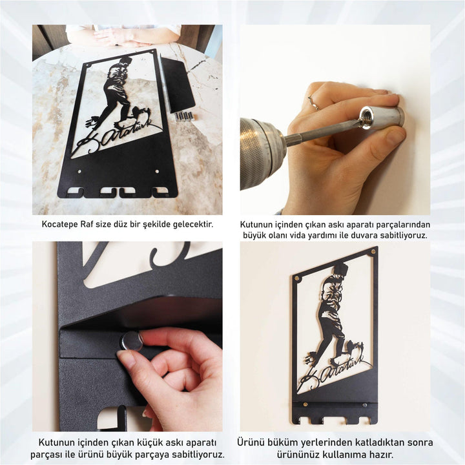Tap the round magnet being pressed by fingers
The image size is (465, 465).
[131, 342]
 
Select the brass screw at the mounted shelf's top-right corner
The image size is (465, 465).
[373, 252]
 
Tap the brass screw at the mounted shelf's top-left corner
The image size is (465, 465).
[296, 279]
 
